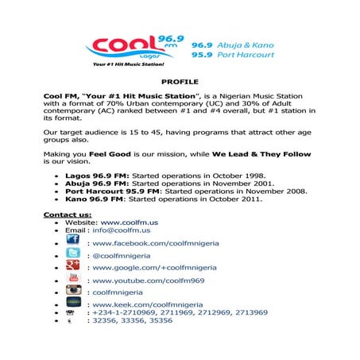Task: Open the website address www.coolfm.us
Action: click(x=123, y=223)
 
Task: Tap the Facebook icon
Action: click(x=72, y=241)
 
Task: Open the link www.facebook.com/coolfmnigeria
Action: click(x=156, y=243)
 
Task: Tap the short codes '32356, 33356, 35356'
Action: click(x=132, y=321)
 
